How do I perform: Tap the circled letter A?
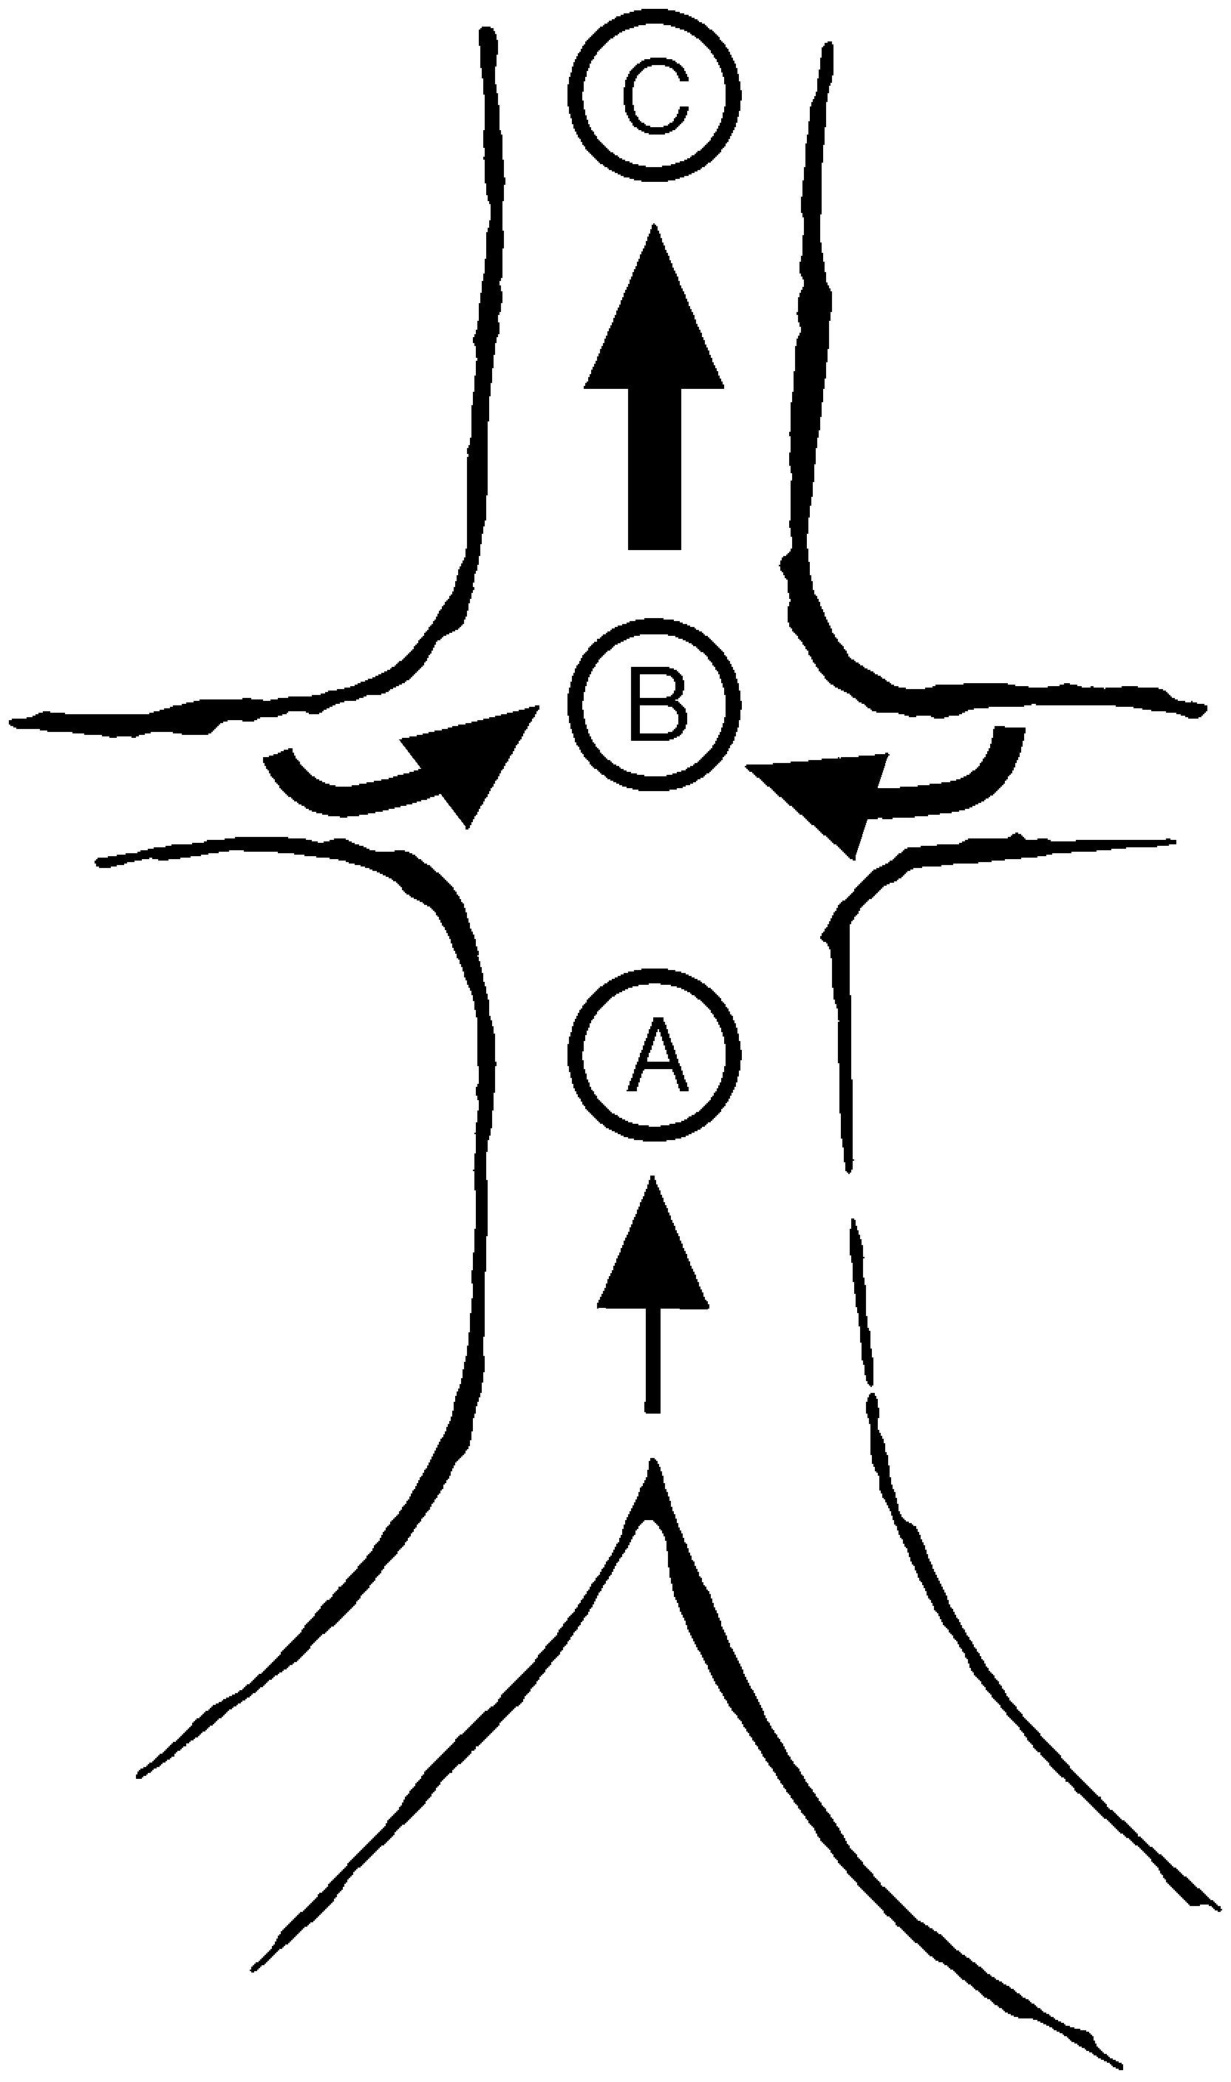[656, 1054]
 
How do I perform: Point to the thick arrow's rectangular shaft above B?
[655, 469]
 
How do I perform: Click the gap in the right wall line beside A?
[850, 1195]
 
